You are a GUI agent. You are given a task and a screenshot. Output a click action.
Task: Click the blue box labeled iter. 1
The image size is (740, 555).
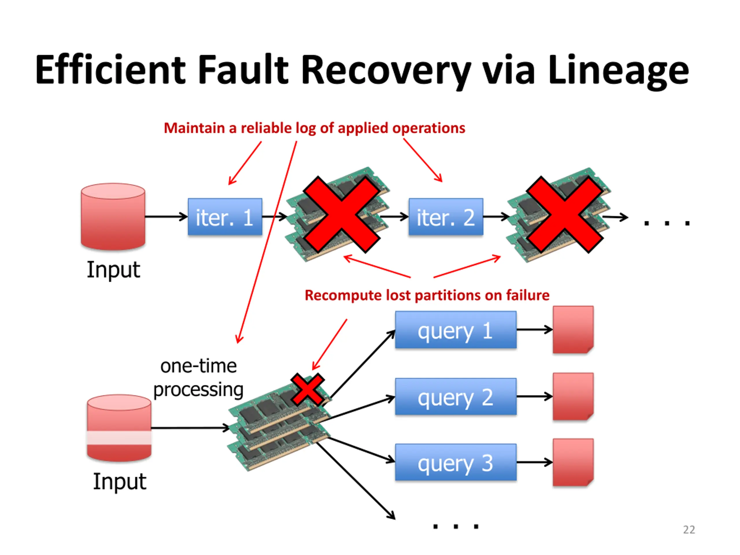[x=225, y=217]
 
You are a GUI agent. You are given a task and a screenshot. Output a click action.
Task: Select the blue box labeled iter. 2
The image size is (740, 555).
[x=446, y=217]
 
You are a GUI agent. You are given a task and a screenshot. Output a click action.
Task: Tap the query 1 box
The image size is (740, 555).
[x=456, y=330]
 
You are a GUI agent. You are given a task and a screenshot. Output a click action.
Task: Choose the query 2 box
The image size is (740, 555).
[x=456, y=396]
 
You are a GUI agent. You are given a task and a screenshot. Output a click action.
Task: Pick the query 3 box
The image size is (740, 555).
[x=456, y=462]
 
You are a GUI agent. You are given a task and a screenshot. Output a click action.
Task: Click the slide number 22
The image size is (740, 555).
[x=689, y=530]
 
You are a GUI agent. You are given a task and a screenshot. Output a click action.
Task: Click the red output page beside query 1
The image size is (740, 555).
[x=573, y=330]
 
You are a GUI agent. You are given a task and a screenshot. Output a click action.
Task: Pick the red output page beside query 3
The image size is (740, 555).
[x=573, y=462]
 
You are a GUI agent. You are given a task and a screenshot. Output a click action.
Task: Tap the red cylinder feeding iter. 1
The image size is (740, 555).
[x=113, y=217]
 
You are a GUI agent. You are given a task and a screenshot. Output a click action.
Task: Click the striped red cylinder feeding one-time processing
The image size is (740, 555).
[x=119, y=428]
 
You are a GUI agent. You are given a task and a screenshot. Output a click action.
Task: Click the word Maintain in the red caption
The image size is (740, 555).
[x=194, y=128]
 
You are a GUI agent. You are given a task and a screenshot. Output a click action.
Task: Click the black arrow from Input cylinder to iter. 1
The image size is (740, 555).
[x=166, y=217]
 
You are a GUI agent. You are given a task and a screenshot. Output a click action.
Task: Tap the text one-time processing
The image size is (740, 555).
[x=198, y=378]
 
